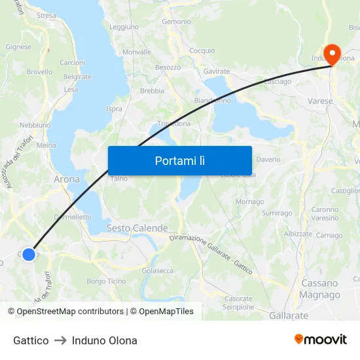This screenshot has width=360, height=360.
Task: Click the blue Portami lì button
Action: click(179, 160)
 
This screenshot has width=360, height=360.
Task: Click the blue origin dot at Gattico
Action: click(29, 254)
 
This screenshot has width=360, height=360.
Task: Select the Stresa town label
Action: click(46, 15)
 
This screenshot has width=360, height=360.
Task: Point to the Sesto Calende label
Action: click(137, 228)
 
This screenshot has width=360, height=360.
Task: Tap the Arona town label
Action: click(66, 179)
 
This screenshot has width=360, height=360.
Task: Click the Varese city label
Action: click(320, 101)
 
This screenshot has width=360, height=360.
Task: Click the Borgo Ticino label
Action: click(106, 281)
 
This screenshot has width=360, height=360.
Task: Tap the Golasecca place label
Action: click(158, 270)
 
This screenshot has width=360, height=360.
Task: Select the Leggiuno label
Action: click(124, 27)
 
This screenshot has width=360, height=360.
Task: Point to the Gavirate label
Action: click(217, 71)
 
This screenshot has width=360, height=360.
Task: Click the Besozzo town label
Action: click(168, 67)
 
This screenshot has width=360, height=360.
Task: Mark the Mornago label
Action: click(249, 202)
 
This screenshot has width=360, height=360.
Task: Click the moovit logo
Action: click(321, 339)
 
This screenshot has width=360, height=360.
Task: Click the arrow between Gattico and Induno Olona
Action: click(60, 340)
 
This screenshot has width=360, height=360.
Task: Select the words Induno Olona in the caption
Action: click(105, 340)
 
